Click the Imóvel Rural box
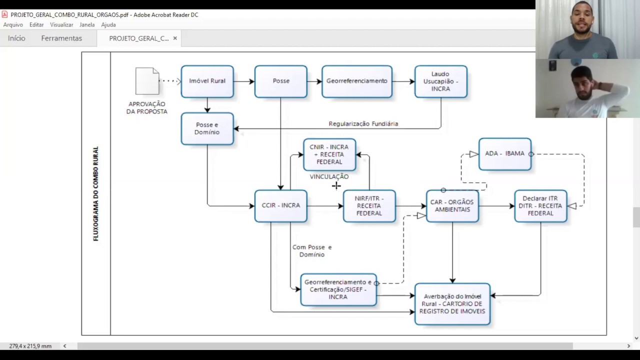click(207, 81)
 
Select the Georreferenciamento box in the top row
click(357, 81)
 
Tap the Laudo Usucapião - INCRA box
click(441, 81)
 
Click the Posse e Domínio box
click(207, 128)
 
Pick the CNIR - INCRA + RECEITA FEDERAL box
click(329, 154)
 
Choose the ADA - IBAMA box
click(505, 154)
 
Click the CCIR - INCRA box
click(281, 206)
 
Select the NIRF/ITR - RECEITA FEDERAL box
click(369, 206)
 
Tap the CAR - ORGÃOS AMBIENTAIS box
click(452, 206)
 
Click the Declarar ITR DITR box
click(540, 206)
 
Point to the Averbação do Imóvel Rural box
click(452, 304)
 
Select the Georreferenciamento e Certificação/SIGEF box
click(338, 289)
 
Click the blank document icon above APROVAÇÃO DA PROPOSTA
click(147, 81)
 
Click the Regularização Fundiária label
click(363, 123)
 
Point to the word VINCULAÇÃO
click(329, 176)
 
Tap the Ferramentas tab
click(61, 38)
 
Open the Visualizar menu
click(61, 25)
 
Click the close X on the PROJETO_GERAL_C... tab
click(175, 38)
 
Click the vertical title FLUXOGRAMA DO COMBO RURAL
click(95, 193)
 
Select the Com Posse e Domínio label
click(312, 251)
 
